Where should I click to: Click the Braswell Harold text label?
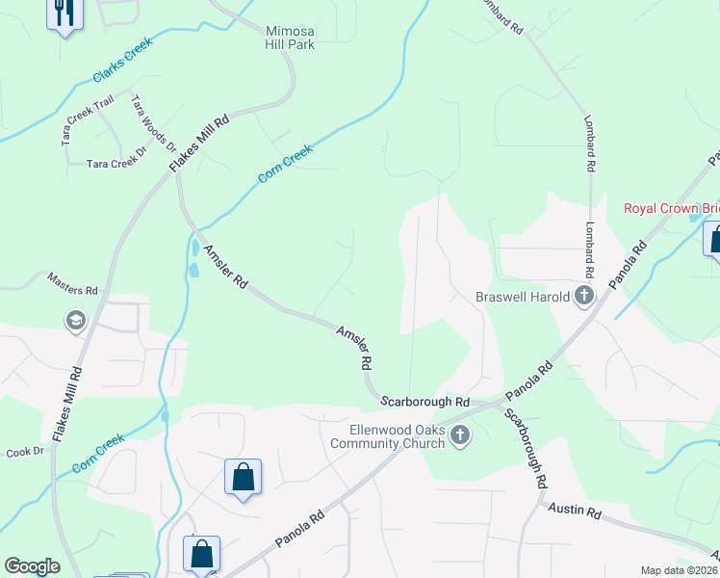[524, 297]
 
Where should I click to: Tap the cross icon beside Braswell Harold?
[583, 296]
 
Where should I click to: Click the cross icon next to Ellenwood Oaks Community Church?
[460, 436]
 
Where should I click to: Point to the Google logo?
[32, 566]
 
